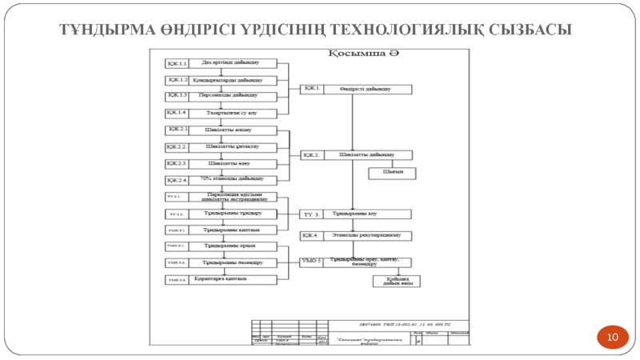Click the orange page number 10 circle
coord(613,338)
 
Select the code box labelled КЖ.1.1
coord(177,62)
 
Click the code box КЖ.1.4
coord(177,113)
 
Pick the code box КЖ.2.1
coord(177,130)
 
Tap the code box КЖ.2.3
coord(177,163)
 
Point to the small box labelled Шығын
coord(390,172)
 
